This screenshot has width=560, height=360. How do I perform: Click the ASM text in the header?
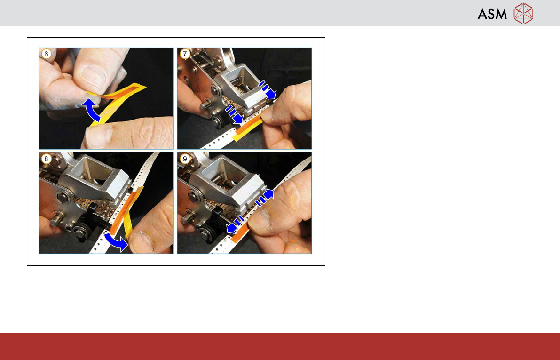[x=492, y=14]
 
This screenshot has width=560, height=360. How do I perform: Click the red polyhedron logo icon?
[x=523, y=14]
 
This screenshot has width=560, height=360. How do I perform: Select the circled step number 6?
[x=46, y=54]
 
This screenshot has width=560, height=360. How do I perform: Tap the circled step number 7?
[x=185, y=54]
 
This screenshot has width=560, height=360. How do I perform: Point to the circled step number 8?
[x=46, y=159]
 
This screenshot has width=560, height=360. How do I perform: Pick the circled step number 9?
[x=185, y=159]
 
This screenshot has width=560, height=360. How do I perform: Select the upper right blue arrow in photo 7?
[x=268, y=90]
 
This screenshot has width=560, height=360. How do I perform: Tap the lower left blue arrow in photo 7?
[x=234, y=114]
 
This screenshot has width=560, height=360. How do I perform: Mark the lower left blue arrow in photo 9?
[x=236, y=224]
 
